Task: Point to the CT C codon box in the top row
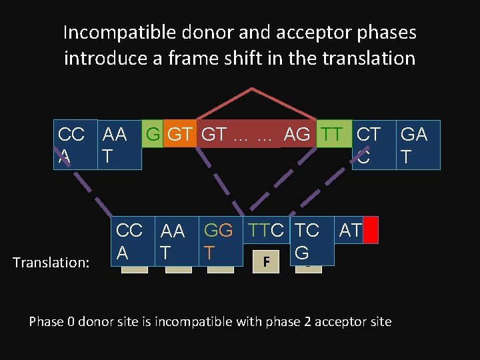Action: coord(368,145)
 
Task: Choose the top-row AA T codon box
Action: coord(119,145)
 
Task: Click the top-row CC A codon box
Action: coord(72,145)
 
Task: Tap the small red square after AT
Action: coord(371,231)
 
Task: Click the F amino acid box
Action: coord(266,261)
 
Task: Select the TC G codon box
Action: coord(307,241)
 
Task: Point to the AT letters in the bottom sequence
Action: coord(349,231)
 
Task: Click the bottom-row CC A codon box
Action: coord(129,241)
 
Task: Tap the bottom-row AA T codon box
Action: coord(173,241)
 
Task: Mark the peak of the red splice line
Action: coord(252,89)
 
